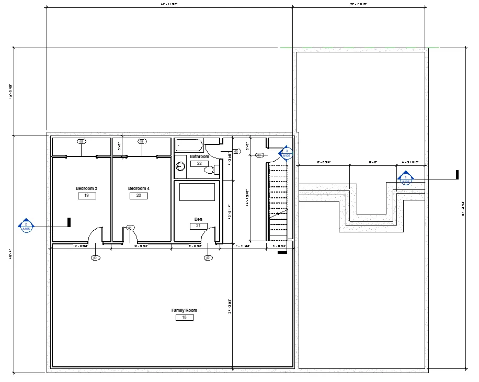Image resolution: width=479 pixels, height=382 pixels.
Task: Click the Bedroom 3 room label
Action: (x=86, y=188)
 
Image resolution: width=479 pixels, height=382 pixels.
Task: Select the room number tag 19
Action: (x=86, y=196)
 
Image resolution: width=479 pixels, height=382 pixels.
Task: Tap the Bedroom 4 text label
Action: (x=139, y=188)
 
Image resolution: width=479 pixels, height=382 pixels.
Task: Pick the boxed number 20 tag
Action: (x=139, y=196)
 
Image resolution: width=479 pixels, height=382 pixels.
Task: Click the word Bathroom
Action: (x=199, y=156)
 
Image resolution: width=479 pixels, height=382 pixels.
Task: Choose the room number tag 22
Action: (x=199, y=163)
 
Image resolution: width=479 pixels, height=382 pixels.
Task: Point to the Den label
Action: (x=198, y=219)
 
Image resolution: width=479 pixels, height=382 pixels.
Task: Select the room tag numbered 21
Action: (x=198, y=226)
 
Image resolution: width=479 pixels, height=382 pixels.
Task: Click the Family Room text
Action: (x=184, y=310)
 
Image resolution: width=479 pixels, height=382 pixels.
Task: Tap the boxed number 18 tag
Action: (x=184, y=317)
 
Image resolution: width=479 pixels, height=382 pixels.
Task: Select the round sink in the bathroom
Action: (x=180, y=166)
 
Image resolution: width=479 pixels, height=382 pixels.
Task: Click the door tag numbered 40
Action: (x=95, y=257)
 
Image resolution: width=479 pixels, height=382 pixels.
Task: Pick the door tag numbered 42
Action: (x=208, y=257)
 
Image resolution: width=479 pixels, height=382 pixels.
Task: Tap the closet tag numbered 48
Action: (x=81, y=141)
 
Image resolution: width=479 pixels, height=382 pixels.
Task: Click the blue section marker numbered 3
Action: (x=286, y=153)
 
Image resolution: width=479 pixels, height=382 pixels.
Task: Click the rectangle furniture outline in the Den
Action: (x=197, y=192)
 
